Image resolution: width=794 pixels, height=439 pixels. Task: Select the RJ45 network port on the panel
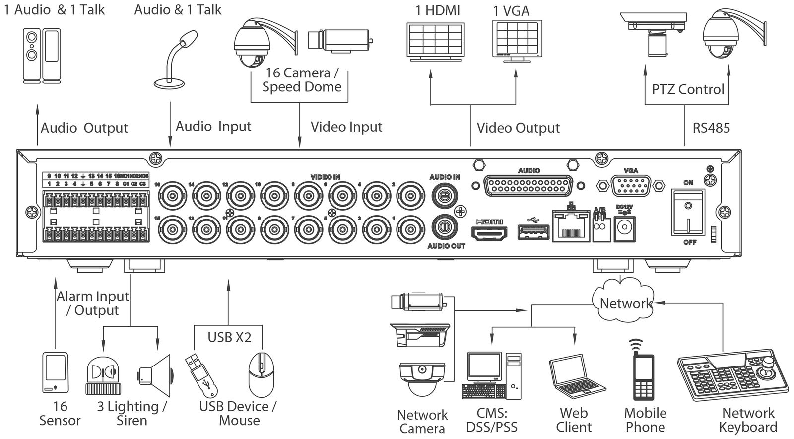tap(571, 226)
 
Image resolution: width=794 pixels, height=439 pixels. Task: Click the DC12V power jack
tap(624, 229)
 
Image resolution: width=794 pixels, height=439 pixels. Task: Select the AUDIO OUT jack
tap(445, 226)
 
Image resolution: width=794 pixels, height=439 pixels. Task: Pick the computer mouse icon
tap(261, 373)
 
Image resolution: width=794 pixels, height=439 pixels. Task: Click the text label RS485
tap(711, 128)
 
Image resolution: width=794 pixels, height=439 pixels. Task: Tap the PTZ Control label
tap(688, 89)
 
